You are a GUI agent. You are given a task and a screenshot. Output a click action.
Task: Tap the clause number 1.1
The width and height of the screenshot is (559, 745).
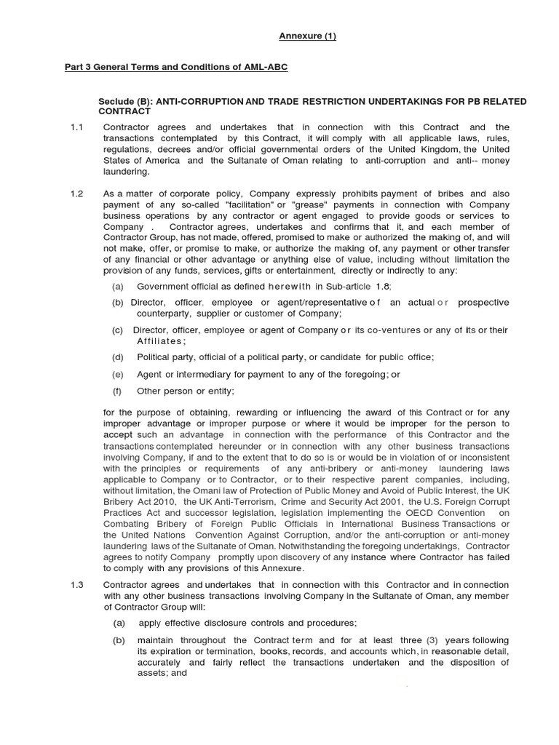(77, 127)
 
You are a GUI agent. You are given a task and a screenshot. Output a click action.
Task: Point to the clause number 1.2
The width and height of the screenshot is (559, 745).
(77, 194)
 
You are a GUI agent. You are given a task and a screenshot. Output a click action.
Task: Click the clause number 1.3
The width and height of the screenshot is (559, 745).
(77, 585)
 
